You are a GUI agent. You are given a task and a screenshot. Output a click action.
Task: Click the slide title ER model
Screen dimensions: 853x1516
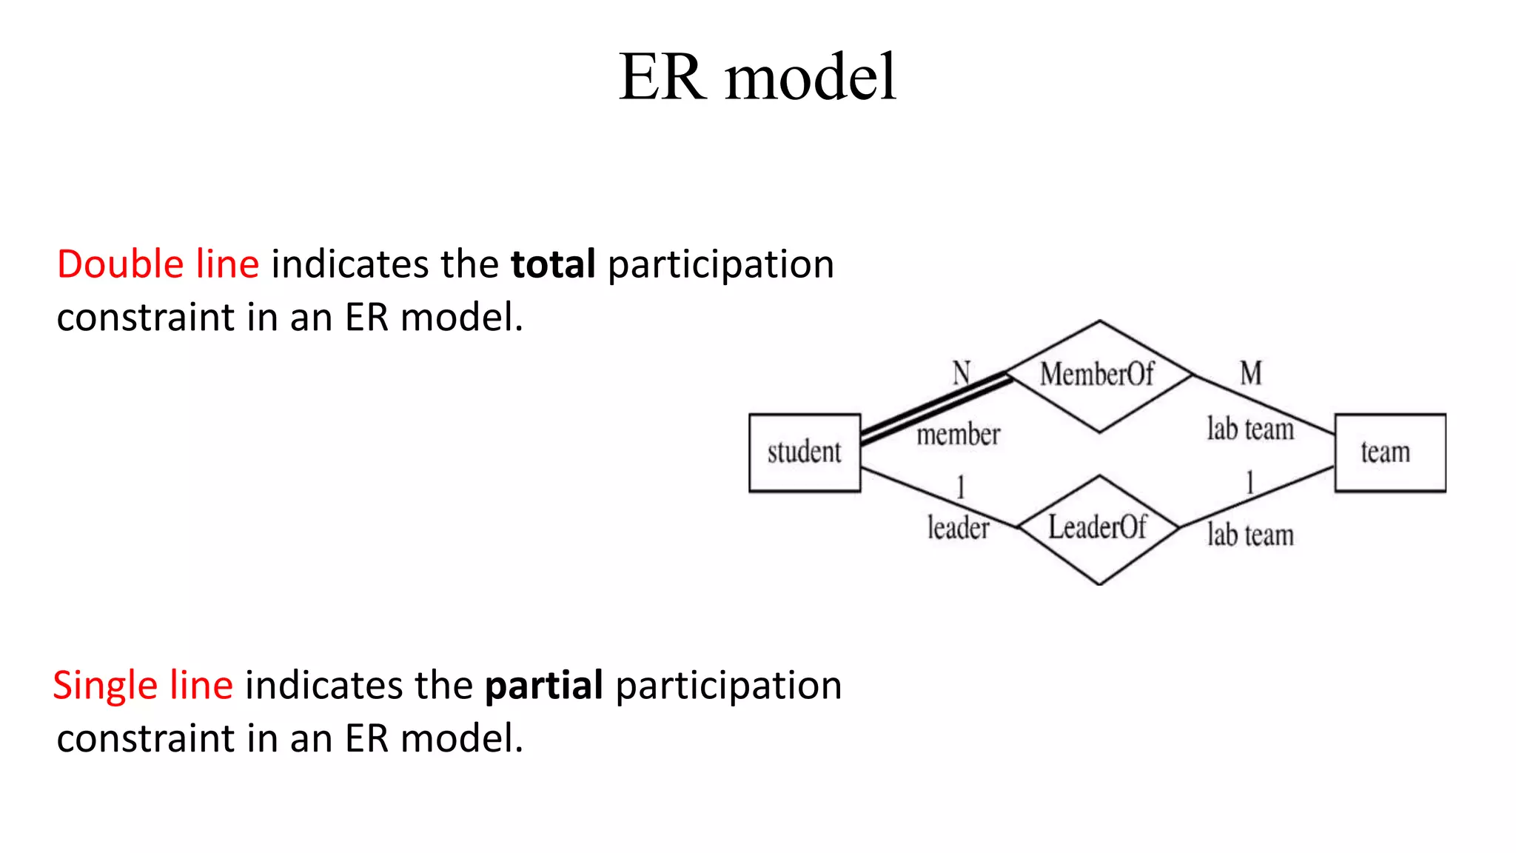(757, 77)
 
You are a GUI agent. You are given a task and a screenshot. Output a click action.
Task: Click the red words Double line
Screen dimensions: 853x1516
(158, 264)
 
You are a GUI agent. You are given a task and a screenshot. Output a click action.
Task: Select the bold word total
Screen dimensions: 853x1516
(553, 264)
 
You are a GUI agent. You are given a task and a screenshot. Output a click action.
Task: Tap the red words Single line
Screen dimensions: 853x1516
(143, 685)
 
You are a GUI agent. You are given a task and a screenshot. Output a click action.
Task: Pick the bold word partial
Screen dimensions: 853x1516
(543, 685)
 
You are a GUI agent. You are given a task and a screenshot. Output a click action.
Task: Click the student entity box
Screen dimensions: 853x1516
(805, 452)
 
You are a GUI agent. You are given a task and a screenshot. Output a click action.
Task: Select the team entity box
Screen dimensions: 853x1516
(1389, 452)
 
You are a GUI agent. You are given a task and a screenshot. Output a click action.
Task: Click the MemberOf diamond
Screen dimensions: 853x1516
(1099, 375)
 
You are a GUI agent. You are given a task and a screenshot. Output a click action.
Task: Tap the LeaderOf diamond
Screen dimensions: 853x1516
(1099, 529)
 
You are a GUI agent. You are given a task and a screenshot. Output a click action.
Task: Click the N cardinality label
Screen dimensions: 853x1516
(961, 372)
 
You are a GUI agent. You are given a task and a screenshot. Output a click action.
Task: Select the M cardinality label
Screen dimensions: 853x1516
(1251, 372)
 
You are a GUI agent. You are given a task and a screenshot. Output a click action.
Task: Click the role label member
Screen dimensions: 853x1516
(959, 435)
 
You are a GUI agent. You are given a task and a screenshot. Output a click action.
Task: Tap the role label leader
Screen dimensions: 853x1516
(958, 528)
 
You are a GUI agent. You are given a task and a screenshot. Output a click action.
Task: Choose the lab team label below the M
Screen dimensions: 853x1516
(1250, 429)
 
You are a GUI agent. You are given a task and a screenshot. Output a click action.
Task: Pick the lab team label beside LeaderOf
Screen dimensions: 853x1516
(1250, 535)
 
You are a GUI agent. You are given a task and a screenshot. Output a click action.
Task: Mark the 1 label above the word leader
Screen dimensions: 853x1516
(961, 487)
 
